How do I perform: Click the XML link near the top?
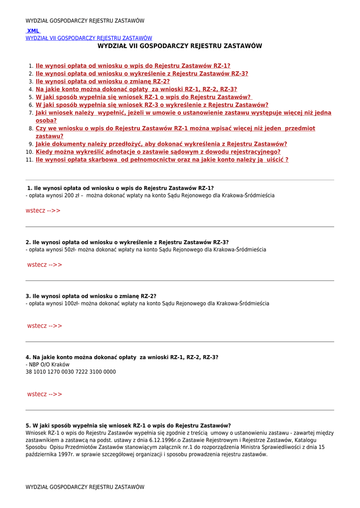(x=33, y=31)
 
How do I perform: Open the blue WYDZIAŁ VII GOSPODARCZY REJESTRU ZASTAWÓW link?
(x=89, y=38)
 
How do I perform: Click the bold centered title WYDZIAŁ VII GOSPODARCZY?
(x=179, y=46)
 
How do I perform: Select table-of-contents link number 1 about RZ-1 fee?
(x=133, y=65)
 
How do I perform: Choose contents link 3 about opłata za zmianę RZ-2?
(x=102, y=81)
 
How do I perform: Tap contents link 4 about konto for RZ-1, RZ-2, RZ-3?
(x=136, y=89)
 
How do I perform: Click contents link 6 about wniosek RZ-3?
(x=152, y=105)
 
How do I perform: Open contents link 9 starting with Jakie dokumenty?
(x=161, y=144)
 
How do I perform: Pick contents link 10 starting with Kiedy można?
(x=158, y=152)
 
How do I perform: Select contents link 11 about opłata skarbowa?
(x=162, y=160)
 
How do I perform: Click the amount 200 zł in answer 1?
(x=72, y=196)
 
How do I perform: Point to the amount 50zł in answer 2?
(x=69, y=250)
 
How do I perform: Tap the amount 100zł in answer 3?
(x=71, y=304)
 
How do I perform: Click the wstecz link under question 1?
(x=43, y=211)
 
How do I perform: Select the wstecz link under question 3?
(x=45, y=326)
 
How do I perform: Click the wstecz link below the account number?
(x=45, y=394)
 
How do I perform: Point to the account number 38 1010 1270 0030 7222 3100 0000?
(x=71, y=372)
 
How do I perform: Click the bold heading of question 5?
(x=128, y=426)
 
